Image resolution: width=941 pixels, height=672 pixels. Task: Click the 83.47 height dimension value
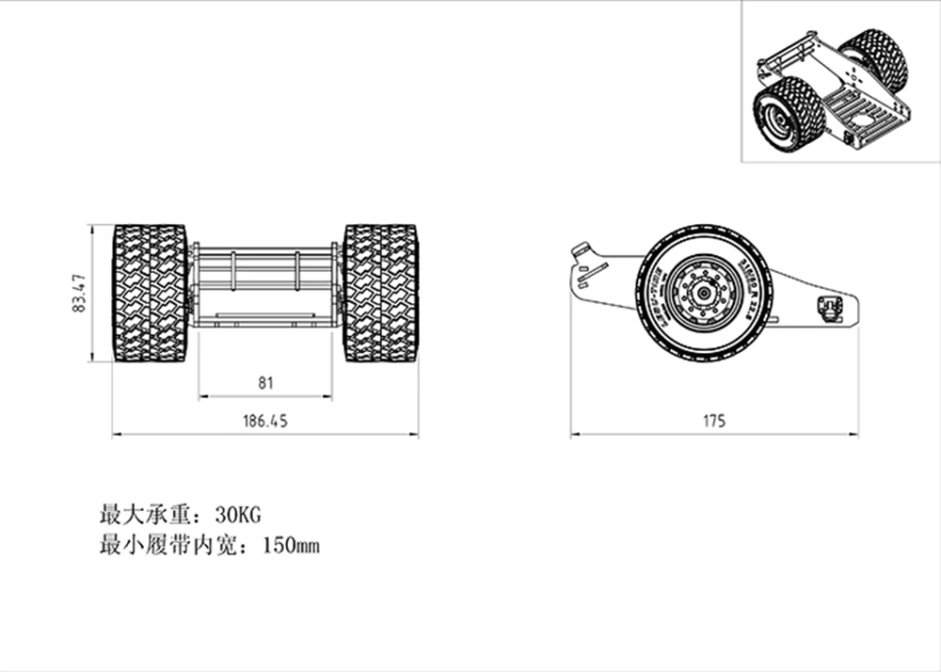(x=80, y=293)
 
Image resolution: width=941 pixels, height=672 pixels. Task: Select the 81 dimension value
(x=265, y=383)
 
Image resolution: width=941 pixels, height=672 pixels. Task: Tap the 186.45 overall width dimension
(x=265, y=422)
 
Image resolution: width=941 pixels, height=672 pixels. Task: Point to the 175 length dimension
(x=714, y=422)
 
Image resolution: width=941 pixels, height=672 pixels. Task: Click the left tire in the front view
(x=150, y=293)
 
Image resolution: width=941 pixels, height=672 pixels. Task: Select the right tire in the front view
(x=380, y=293)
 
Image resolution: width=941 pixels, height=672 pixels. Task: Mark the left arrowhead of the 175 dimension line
(x=573, y=435)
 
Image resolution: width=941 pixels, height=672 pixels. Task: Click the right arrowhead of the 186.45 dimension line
(x=416, y=435)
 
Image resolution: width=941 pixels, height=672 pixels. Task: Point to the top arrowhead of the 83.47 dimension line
(x=91, y=228)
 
